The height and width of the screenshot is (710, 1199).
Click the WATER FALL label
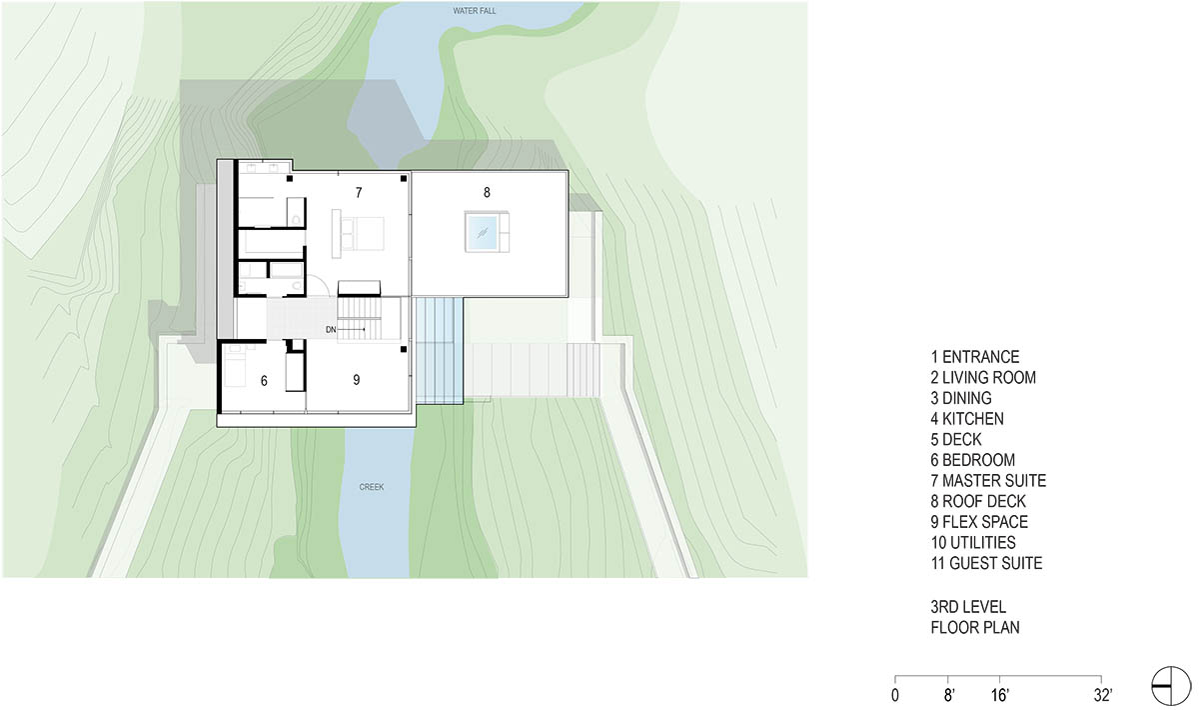click(x=475, y=11)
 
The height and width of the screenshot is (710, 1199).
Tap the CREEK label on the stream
click(x=372, y=487)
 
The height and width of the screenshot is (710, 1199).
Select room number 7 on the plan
click(x=359, y=192)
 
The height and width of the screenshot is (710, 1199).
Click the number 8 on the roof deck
click(x=487, y=192)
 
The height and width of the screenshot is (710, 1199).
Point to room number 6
click(x=264, y=381)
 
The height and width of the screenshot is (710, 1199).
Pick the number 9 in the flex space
click(x=357, y=380)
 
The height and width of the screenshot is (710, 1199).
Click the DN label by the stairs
click(x=331, y=330)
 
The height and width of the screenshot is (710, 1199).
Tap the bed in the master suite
click(x=363, y=234)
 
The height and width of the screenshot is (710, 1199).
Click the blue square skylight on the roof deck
click(x=482, y=233)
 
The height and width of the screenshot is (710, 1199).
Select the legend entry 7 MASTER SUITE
click(x=988, y=481)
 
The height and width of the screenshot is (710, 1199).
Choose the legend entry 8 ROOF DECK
click(x=978, y=501)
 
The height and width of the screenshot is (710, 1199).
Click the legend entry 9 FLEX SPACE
click(x=979, y=522)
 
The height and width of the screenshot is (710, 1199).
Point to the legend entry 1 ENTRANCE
click(x=975, y=357)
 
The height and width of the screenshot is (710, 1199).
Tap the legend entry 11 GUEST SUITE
click(x=986, y=563)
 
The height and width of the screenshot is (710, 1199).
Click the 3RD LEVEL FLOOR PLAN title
click(x=975, y=617)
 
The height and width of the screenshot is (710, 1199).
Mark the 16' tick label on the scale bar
click(x=999, y=695)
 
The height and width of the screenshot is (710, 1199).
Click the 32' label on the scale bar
click(x=1103, y=695)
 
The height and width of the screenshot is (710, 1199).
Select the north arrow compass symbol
click(x=1171, y=686)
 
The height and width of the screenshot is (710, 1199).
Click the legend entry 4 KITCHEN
click(x=967, y=418)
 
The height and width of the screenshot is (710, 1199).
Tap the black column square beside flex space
click(x=404, y=349)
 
